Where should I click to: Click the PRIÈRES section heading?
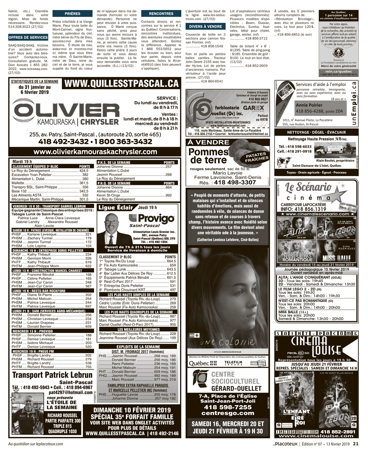(72, 14)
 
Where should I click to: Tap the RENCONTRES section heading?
(161, 14)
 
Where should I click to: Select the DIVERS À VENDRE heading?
(206, 27)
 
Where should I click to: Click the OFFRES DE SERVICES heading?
(28, 37)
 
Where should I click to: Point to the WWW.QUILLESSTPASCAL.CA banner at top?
(121, 84)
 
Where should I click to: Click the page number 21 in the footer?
(355, 444)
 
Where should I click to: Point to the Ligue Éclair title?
(116, 208)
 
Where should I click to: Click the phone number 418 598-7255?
(227, 407)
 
